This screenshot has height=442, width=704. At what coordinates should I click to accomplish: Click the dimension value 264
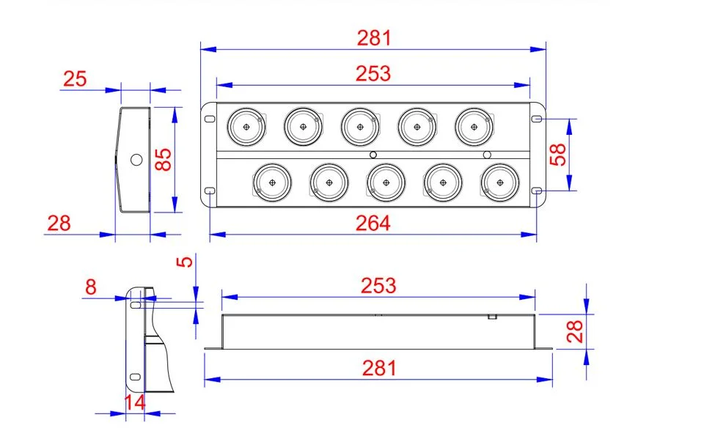click(373, 223)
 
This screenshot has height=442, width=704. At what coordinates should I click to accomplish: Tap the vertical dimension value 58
click(559, 155)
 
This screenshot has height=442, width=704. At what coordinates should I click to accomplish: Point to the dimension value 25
click(75, 79)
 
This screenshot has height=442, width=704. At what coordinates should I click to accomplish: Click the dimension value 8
click(90, 287)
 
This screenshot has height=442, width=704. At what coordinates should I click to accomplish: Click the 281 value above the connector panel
click(374, 38)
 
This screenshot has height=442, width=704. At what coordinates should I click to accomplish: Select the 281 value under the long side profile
click(378, 367)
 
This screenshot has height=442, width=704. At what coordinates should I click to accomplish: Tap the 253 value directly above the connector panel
click(373, 73)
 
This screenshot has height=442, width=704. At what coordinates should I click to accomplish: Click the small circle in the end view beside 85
click(136, 159)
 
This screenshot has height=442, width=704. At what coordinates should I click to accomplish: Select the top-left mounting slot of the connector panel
click(209, 118)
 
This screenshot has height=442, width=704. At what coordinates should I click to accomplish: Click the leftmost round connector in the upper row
click(246, 127)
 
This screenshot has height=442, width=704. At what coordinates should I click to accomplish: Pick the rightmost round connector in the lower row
click(499, 182)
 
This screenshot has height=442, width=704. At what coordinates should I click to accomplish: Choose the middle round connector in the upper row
click(359, 127)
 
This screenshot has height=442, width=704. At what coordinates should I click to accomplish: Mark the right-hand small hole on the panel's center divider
click(487, 155)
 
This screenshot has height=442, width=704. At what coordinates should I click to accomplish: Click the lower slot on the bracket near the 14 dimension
click(135, 378)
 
